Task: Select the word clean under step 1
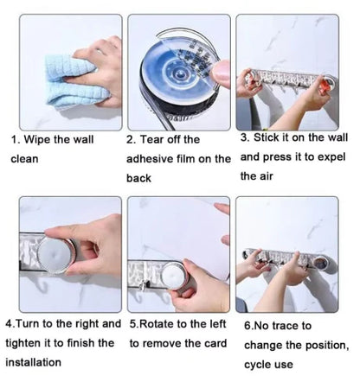coord(24,158)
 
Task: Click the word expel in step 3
coord(331,157)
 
